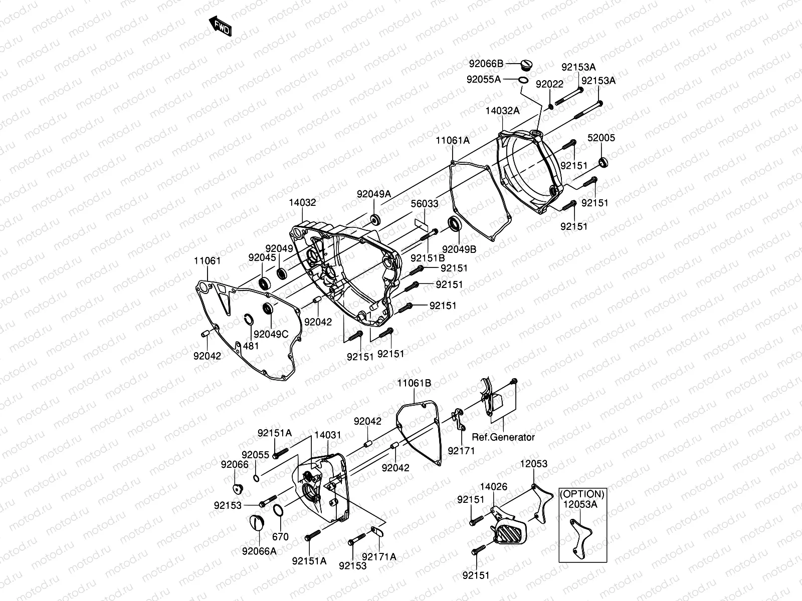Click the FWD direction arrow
[x=219, y=27]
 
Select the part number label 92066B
[x=486, y=64]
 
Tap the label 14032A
[x=503, y=111]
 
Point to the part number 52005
[x=601, y=138]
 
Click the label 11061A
[x=452, y=141]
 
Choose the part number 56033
[x=425, y=205]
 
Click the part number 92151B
[x=428, y=258]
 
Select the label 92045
[x=262, y=257]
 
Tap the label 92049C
[x=271, y=335]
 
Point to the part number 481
[x=251, y=346]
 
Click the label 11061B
[x=414, y=383]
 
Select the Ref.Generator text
[x=503, y=437]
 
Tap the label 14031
[x=328, y=436]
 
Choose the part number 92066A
[x=259, y=551]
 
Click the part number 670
[x=280, y=537]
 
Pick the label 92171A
[x=379, y=556]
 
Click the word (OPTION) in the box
[x=582, y=494]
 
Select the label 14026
[x=494, y=486]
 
